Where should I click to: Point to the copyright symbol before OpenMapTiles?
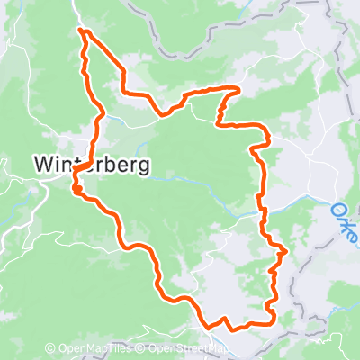point(50,348)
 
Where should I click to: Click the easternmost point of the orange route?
point(286,251)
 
